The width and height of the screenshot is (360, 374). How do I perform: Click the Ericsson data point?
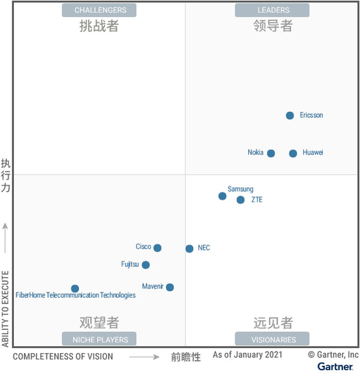290,116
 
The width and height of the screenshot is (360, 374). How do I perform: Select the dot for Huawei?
293,154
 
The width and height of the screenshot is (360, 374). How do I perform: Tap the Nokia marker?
271,154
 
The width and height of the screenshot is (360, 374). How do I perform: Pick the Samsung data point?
222,196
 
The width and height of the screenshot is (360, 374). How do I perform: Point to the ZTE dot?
241,200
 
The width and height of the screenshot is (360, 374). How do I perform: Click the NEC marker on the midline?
189,249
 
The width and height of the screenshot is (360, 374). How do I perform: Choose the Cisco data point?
157,248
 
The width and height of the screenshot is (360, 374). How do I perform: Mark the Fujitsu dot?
146,265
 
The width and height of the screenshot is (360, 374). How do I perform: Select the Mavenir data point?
170,287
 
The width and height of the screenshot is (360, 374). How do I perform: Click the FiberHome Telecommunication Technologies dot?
75,289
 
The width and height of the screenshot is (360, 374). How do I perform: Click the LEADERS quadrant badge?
272,10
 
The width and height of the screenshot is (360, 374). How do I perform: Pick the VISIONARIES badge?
272,339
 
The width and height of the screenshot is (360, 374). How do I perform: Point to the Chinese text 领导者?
273,26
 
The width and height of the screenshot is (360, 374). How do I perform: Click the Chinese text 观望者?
99,322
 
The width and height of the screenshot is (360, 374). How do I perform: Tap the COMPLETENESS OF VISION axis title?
63,356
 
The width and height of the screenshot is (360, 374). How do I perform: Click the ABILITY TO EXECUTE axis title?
5,309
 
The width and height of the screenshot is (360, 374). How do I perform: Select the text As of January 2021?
247,355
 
